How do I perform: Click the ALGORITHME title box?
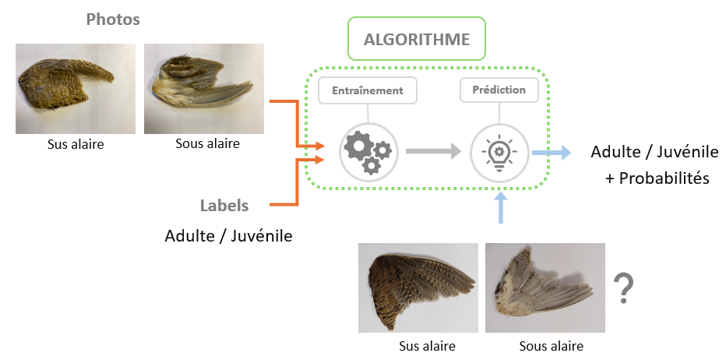tap(417, 39)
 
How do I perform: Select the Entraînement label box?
tap(368, 90)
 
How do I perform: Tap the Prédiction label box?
tap(499, 90)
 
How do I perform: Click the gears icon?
tap(368, 151)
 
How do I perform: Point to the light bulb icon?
tap(499, 151)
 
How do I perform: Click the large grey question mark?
tap(622, 288)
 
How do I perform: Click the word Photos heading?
tap(113, 19)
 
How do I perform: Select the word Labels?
tap(224, 206)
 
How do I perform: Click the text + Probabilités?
tap(657, 178)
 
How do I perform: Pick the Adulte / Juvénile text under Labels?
tap(228, 235)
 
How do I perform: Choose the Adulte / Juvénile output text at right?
tap(654, 151)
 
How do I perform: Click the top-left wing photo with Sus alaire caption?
tap(76, 88)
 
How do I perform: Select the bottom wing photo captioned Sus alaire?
tap(418, 288)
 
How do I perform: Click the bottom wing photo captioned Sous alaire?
tap(544, 288)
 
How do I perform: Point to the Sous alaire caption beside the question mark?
tap(551, 346)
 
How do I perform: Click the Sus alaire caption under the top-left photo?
tap(76, 144)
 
